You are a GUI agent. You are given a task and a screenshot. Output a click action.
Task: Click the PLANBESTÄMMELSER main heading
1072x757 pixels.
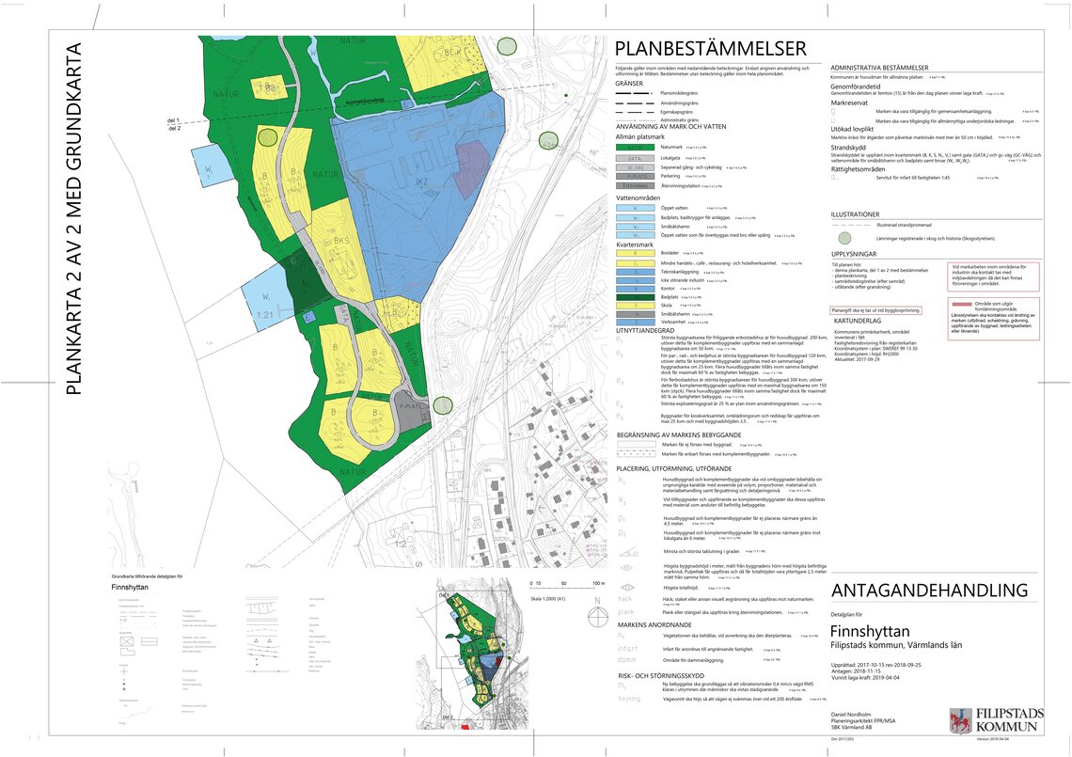710,49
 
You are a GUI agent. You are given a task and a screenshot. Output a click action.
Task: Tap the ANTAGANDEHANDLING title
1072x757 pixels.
929,591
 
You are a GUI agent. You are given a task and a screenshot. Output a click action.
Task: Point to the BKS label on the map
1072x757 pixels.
341,241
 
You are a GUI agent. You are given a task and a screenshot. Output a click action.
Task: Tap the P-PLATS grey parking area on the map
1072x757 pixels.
409,408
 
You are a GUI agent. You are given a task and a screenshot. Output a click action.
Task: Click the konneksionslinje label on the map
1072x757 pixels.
370,100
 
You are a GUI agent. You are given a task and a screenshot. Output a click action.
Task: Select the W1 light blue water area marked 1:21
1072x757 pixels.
266,301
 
